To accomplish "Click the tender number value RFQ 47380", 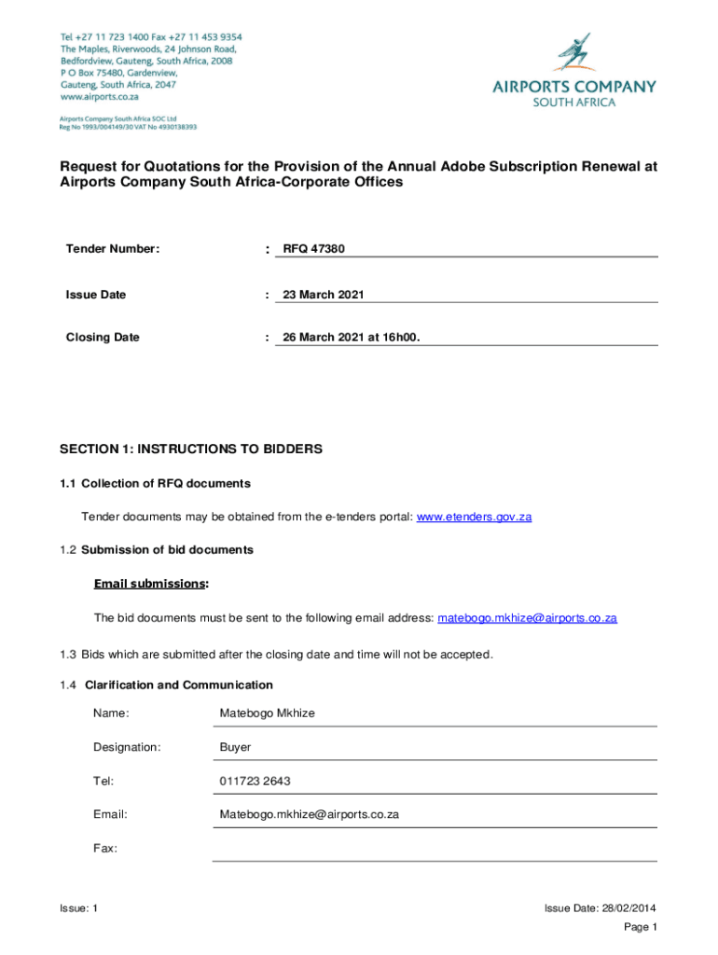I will click(x=313, y=249).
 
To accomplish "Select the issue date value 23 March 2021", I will click(x=323, y=295).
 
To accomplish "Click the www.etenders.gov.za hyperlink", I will click(x=474, y=517).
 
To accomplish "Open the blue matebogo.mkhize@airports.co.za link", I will click(x=527, y=618).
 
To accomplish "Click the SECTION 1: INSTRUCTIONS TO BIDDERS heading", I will click(x=191, y=450).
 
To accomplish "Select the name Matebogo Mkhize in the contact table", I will click(x=267, y=713).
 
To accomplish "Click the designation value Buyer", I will click(x=235, y=748).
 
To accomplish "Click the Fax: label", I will click(x=104, y=849).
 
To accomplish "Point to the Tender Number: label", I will click(x=112, y=249).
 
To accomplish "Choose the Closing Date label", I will click(x=103, y=338).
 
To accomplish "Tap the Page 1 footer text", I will click(x=641, y=927).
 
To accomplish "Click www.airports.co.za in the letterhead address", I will click(x=100, y=96).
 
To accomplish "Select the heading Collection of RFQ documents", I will click(x=166, y=483).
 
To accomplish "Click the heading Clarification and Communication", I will click(x=179, y=685).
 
